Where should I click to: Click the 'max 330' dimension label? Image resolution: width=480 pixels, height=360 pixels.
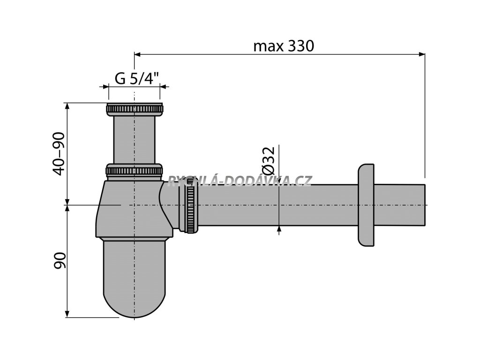tap(283, 46)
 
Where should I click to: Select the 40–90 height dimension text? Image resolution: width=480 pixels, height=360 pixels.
tap(58, 154)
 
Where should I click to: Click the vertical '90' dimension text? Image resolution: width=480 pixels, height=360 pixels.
tap(59, 260)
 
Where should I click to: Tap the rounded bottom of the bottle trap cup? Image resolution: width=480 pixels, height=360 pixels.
tap(135, 300)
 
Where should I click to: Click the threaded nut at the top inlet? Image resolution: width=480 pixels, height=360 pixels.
tap(135, 110)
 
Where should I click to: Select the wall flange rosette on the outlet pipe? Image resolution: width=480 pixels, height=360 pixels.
tap(366, 205)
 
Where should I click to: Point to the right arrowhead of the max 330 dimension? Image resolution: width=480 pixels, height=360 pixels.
tap(421, 54)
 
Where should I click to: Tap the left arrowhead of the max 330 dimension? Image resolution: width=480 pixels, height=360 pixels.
tap(138, 54)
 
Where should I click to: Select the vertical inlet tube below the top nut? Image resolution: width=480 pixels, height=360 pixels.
tap(135, 140)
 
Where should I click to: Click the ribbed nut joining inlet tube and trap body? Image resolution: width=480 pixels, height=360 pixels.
tap(135, 170)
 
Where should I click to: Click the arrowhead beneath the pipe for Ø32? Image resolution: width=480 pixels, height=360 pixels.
tap(279, 228)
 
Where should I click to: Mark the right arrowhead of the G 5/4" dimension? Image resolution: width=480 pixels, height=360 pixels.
tap(164, 87)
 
